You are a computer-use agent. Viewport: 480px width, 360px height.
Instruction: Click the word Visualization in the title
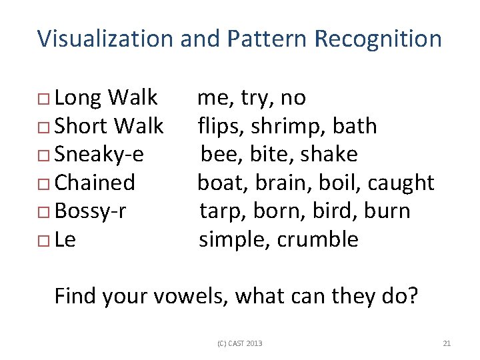click(105, 39)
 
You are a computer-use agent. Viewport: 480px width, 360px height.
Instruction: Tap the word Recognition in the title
click(377, 39)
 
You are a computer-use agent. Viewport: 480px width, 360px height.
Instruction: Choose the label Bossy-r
click(91, 211)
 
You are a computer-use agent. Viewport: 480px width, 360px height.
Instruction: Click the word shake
click(329, 154)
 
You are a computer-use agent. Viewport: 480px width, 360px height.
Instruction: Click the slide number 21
click(447, 343)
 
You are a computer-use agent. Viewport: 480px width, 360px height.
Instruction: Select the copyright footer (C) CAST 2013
click(240, 343)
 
